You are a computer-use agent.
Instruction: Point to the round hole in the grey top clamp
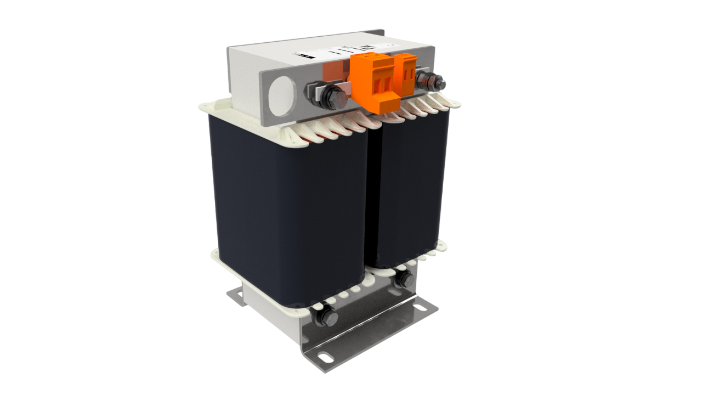(283, 95)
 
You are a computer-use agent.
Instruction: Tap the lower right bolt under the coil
(404, 279)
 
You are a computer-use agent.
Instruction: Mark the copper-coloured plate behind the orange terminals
(335, 71)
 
